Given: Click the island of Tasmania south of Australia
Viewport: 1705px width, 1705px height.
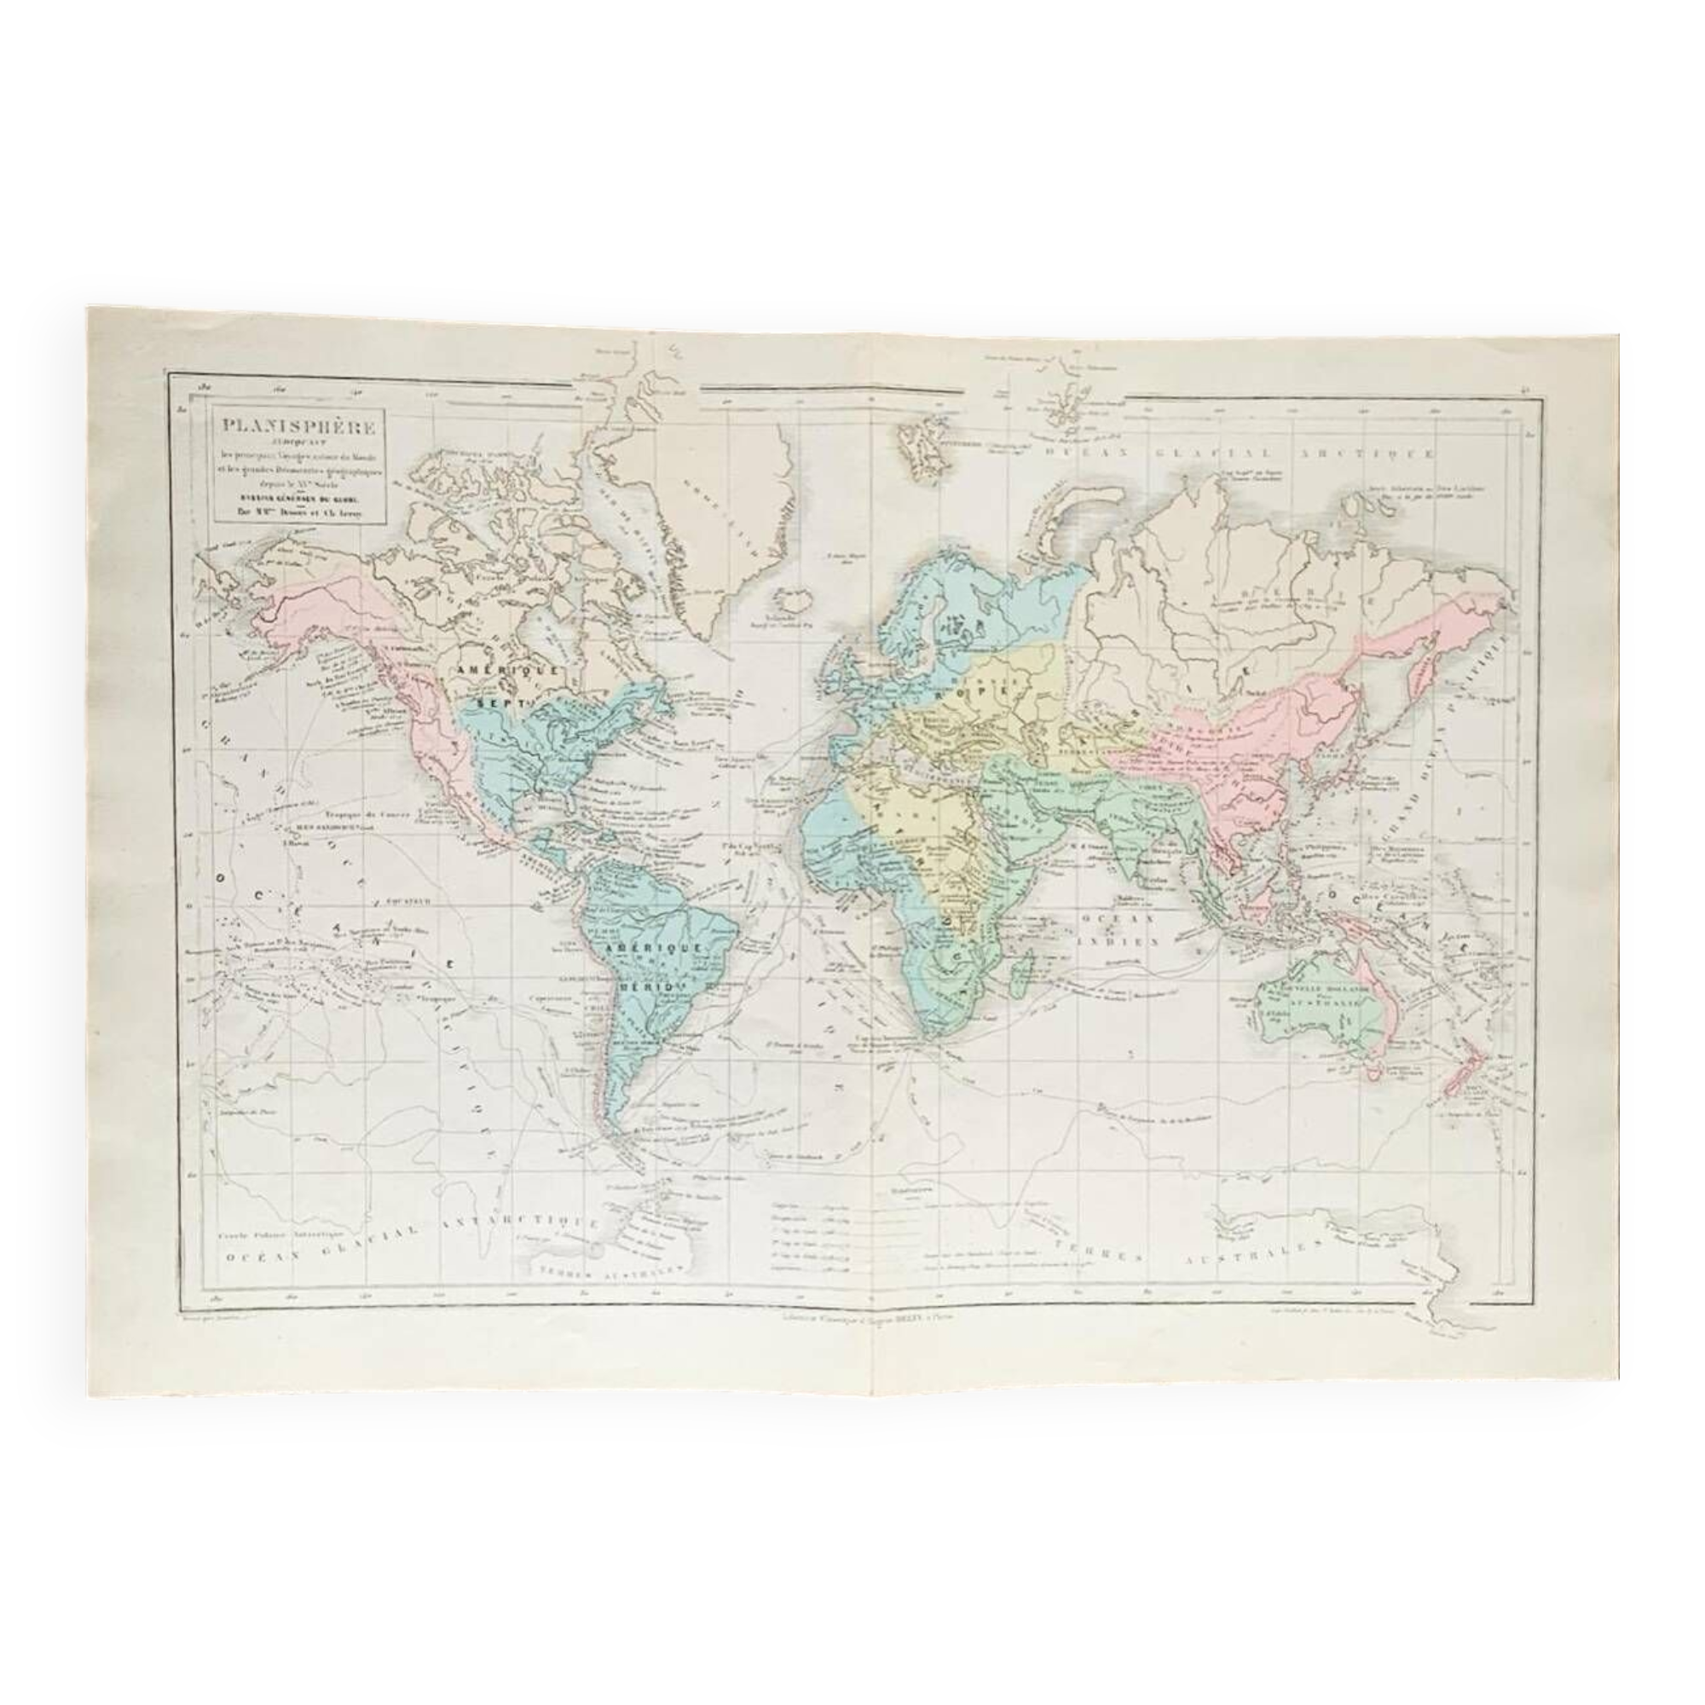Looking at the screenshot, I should pyautogui.click(x=1370, y=1072).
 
